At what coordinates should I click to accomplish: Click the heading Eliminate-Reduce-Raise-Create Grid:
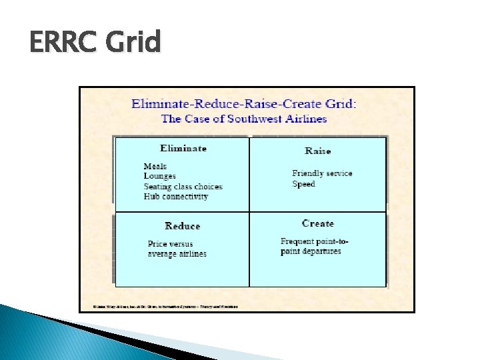tap(244, 104)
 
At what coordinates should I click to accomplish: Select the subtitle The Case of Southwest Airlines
tap(244, 119)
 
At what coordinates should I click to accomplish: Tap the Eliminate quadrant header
tap(183, 148)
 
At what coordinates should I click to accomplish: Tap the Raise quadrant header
tap(317, 151)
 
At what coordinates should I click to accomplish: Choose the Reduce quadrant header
tap(182, 226)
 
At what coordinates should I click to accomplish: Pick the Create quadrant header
tap(317, 223)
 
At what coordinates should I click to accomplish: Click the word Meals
tap(155, 166)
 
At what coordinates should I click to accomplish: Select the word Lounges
tap(159, 176)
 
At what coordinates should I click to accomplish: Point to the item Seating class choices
tap(183, 187)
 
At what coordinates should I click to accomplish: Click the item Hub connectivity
tap(175, 197)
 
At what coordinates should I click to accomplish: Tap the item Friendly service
tap(322, 173)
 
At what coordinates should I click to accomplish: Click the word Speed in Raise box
tap(303, 184)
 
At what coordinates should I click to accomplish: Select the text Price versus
tap(170, 244)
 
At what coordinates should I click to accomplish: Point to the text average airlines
tap(177, 254)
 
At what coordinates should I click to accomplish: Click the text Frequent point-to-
tap(315, 241)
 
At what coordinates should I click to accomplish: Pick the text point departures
tap(311, 251)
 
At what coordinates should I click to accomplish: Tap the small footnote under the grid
tap(159, 307)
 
